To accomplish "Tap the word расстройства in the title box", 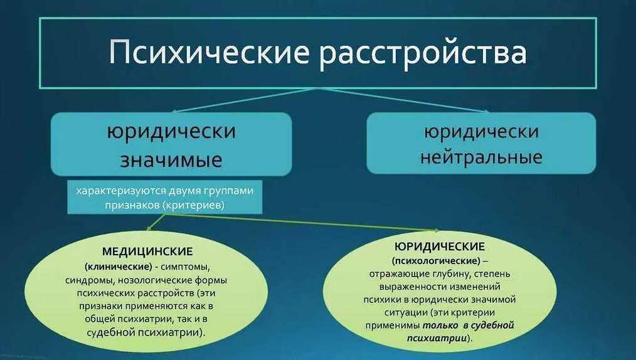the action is coord(422,53).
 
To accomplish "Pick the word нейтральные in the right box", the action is coord(481,156).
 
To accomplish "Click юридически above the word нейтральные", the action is coord(481,132).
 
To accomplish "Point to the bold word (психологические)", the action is coord(437,260).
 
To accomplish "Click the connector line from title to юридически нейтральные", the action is coord(401,100).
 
